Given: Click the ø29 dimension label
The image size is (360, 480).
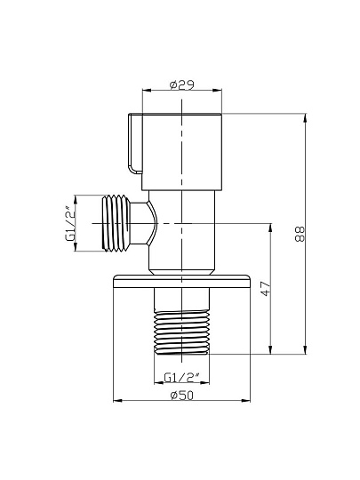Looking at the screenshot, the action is (x=182, y=85).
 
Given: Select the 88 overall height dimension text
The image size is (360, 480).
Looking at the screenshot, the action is (x=300, y=234).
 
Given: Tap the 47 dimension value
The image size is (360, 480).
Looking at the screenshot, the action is (x=266, y=288).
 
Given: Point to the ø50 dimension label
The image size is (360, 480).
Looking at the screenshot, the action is (x=182, y=396).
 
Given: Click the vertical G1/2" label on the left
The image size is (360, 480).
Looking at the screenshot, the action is (x=70, y=223).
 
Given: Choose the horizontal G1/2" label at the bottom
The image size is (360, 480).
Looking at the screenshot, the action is (x=182, y=377).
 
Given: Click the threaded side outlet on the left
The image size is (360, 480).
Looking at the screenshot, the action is (x=116, y=223).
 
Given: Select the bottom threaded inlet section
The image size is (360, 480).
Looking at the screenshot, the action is (x=182, y=332).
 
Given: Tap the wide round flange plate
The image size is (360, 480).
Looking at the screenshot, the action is (x=182, y=281).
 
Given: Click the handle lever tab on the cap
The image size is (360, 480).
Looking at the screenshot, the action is (x=135, y=144).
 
